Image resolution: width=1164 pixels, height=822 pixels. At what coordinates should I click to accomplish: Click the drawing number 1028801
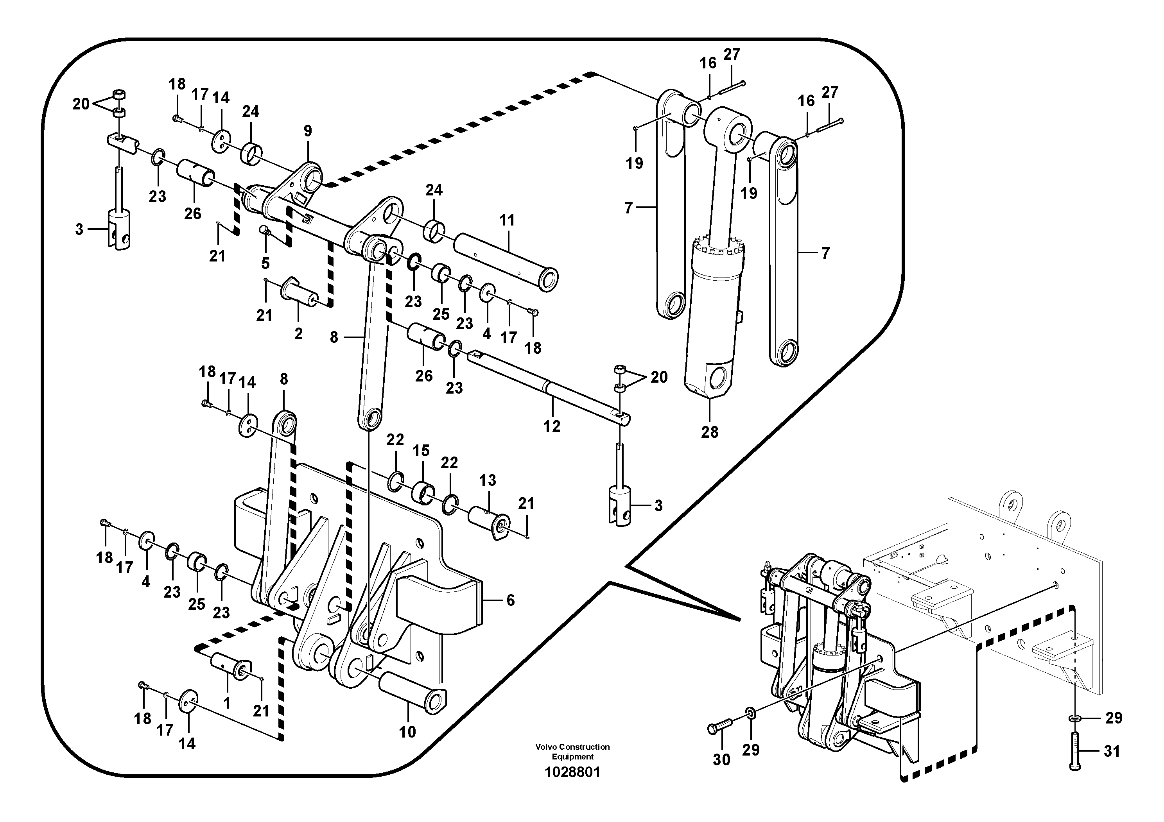click(x=572, y=772)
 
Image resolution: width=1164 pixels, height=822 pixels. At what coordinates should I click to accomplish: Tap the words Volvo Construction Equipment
click(x=572, y=752)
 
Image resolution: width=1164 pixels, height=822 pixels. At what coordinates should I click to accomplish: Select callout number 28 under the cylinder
click(x=710, y=432)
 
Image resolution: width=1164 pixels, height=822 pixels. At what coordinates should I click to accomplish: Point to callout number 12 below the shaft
click(x=552, y=426)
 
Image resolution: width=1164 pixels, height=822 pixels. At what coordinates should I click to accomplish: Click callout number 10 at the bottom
click(x=407, y=731)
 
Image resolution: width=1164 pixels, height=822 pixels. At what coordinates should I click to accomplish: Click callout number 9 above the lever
click(x=308, y=131)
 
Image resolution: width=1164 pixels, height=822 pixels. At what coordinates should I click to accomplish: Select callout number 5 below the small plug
click(x=265, y=263)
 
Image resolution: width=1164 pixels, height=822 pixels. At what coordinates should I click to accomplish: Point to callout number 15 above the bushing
click(x=421, y=451)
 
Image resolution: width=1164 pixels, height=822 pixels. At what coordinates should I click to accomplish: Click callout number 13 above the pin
click(x=487, y=480)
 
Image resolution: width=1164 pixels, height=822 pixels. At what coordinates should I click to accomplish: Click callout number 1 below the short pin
click(x=227, y=703)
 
